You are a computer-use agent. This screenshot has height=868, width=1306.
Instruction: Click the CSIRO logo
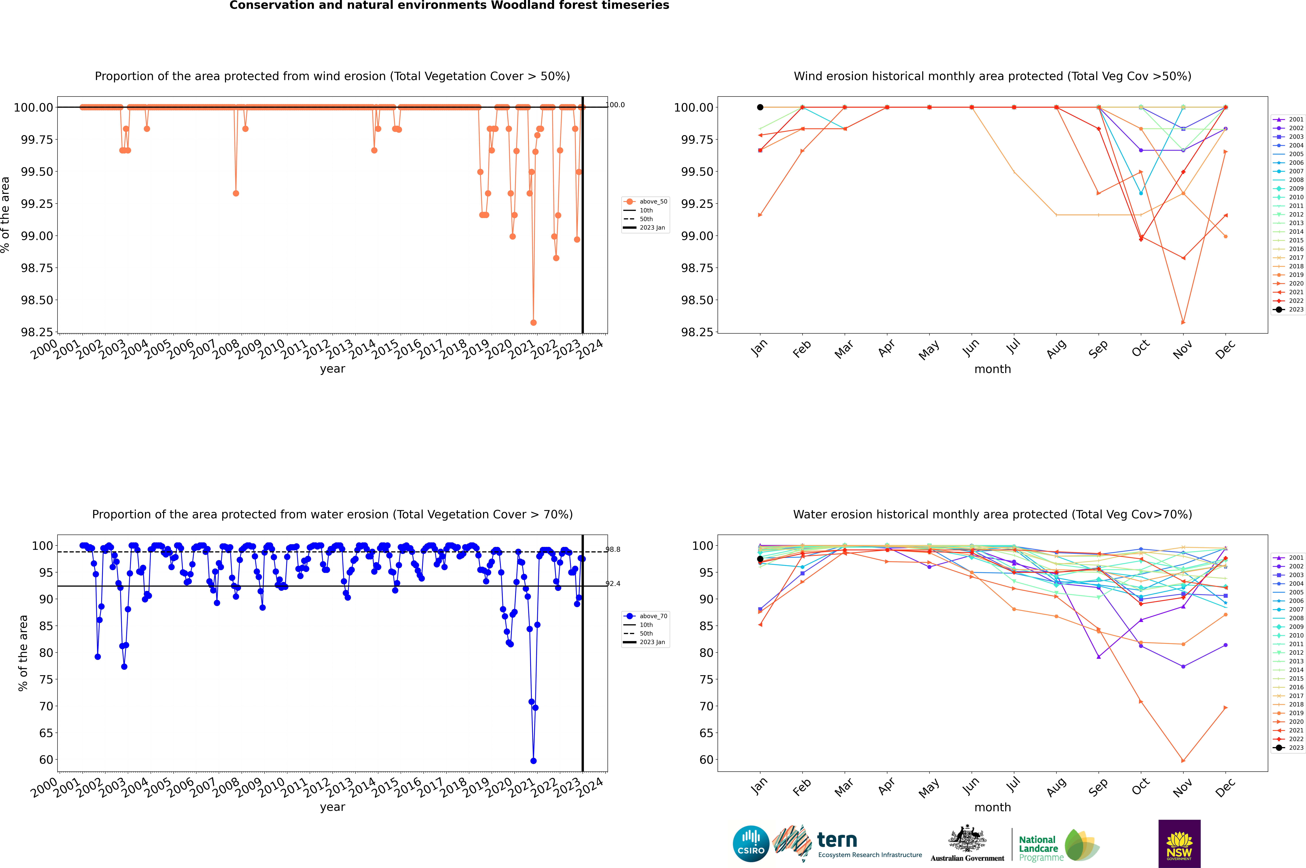coord(751,844)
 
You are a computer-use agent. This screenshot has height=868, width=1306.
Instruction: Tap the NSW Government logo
coord(1179,844)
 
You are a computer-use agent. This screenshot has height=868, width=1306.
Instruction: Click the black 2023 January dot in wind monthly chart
coord(760,107)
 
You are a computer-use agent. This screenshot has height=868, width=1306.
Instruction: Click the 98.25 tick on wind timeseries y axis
coord(37,332)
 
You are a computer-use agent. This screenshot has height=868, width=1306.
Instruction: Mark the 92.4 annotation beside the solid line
coord(613,583)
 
